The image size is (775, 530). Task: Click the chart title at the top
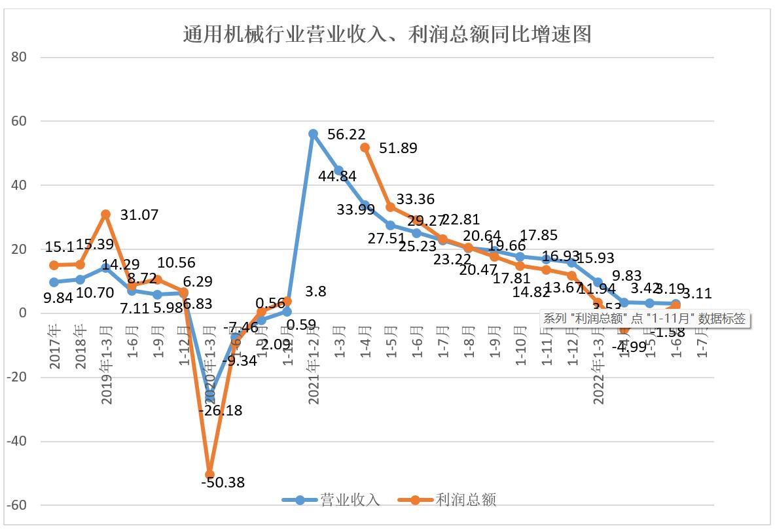387,33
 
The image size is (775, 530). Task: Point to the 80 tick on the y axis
18,57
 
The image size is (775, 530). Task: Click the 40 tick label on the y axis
18,185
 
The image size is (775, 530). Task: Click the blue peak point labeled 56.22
313,133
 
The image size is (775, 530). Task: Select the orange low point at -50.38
209,474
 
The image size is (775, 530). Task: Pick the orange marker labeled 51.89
365,147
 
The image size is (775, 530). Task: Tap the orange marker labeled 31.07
105,214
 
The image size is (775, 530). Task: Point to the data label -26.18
220,411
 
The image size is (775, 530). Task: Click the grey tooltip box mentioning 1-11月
645,319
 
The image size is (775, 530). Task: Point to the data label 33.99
357,209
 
